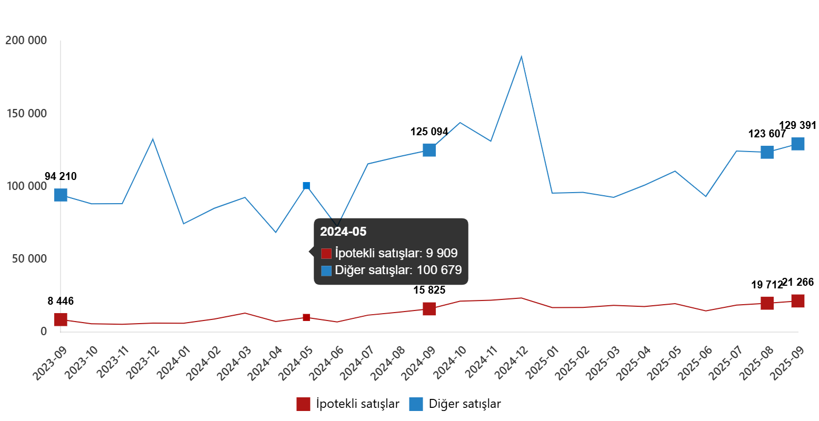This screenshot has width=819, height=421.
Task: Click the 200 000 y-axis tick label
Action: pyautogui.click(x=26, y=41)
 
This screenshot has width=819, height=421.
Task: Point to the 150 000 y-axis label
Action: pyautogui.click(x=26, y=114)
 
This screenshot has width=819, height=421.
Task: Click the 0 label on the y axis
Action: pyautogui.click(x=44, y=332)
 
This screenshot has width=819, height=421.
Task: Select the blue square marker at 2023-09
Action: pyautogui.click(x=61, y=195)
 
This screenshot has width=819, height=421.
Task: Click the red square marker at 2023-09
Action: pyautogui.click(x=61, y=319)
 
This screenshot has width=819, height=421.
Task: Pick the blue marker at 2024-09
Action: pyautogui.click(x=430, y=150)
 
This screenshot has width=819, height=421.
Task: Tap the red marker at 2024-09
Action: pyautogui.click(x=430, y=309)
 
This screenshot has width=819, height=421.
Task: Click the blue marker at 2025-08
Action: pyautogui.click(x=767, y=152)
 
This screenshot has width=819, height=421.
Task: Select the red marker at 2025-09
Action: pyautogui.click(x=798, y=301)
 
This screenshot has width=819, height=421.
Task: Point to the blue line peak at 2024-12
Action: pyautogui.click(x=521, y=56)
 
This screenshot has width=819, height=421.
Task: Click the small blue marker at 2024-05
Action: pyautogui.click(x=306, y=186)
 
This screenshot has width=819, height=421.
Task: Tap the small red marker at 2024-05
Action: pyautogui.click(x=306, y=317)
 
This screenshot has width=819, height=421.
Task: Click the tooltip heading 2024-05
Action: pyautogui.click(x=343, y=232)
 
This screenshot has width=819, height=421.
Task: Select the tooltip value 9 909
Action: pyautogui.click(x=442, y=253)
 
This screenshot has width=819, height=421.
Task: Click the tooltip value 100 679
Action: pyautogui.click(x=439, y=270)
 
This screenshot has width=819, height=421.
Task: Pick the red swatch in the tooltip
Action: pyautogui.click(x=326, y=254)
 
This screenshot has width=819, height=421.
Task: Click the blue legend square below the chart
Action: pyautogui.click(x=416, y=404)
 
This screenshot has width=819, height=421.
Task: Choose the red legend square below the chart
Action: pyautogui.click(x=303, y=404)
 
